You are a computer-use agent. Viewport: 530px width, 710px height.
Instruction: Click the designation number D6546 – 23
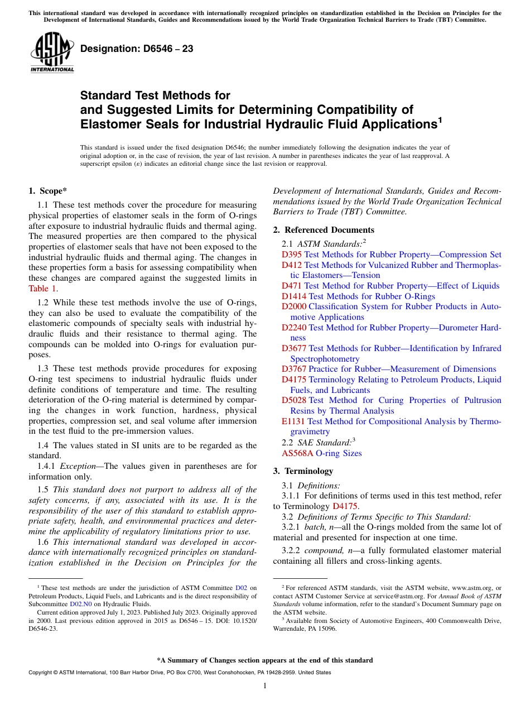[137, 49]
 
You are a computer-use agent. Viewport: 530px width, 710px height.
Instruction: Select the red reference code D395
[291, 255]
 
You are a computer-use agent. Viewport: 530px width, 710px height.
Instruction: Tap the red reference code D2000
[294, 306]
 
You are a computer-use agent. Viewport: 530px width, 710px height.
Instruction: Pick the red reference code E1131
[293, 421]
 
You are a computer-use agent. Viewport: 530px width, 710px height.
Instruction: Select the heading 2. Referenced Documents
[324, 230]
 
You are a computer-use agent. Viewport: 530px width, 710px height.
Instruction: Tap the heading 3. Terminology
[310, 471]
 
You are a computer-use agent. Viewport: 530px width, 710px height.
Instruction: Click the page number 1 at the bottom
[265, 685]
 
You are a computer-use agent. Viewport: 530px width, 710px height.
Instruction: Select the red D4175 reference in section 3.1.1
[345, 506]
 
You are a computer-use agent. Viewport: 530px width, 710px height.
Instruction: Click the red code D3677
[294, 348]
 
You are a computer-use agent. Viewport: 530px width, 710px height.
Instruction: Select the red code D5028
[294, 400]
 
